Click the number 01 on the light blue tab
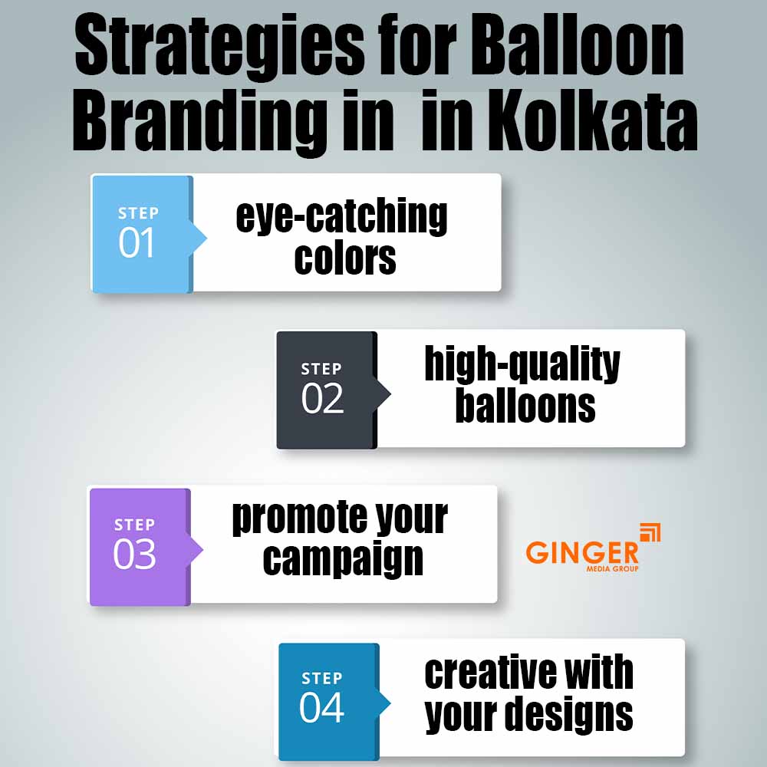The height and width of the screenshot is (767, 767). point(137,243)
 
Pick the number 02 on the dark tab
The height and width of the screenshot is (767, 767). point(322,400)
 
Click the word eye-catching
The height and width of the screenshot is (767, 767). point(342,216)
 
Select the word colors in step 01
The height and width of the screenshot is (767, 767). point(345,258)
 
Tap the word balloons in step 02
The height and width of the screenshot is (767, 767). point(525,407)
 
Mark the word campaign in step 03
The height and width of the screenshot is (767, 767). point(343,561)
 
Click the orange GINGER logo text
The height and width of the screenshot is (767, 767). point(582,552)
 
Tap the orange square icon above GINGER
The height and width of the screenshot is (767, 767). point(650,532)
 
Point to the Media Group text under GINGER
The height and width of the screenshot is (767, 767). point(612,568)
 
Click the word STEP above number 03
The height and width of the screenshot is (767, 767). point(134,525)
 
